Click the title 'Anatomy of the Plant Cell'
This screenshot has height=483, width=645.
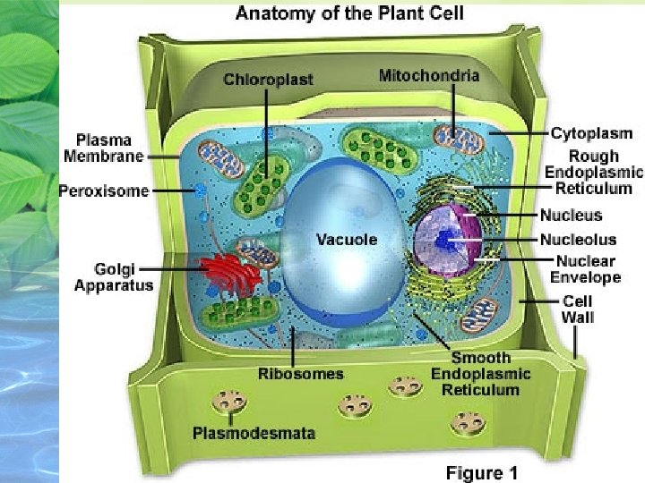pyautogui.click(x=349, y=14)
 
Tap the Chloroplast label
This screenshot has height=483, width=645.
pyautogui.click(x=269, y=80)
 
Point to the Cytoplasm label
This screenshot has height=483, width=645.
pyautogui.click(x=591, y=133)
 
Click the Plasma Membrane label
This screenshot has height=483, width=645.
pyautogui.click(x=104, y=148)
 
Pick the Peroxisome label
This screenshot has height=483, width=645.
pyautogui.click(x=104, y=191)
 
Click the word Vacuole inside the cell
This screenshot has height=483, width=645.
pyautogui.click(x=346, y=240)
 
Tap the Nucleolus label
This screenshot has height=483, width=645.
pyautogui.click(x=578, y=240)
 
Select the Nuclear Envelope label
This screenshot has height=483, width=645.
pyautogui.click(x=586, y=269)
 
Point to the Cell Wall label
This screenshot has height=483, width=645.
pyautogui.click(x=577, y=309)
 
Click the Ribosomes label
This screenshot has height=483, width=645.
pyautogui.click(x=300, y=373)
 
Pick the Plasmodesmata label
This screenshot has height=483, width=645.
pyautogui.click(x=254, y=433)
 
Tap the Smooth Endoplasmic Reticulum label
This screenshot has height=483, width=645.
pyautogui.click(x=481, y=374)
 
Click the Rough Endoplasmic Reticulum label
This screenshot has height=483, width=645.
pyautogui.click(x=593, y=172)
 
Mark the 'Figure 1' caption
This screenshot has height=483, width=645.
pyautogui.click(x=482, y=472)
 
